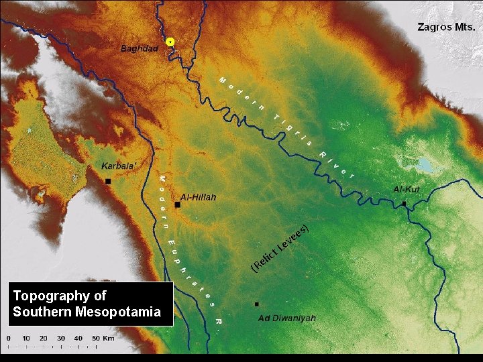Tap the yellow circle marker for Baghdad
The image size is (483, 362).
[170, 42]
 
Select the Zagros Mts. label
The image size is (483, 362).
[446, 27]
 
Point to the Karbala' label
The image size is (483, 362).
[118, 166]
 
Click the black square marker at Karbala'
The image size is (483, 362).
[107, 182]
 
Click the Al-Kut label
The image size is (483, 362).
[407, 190]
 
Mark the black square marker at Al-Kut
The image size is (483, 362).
[404, 203]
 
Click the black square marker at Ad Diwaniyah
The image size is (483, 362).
[256, 304]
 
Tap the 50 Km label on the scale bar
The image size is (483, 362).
[103, 338]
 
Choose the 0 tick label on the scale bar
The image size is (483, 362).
[8, 338]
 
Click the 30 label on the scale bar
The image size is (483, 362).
[61, 338]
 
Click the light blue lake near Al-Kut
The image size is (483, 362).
[423, 164]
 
